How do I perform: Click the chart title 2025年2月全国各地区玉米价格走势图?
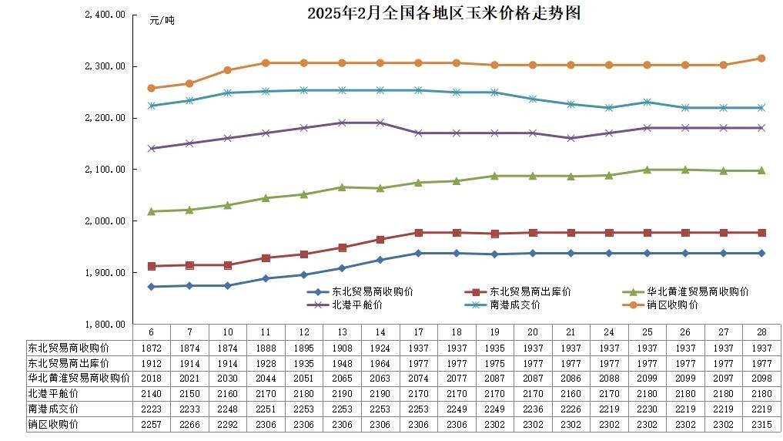(x=443, y=13)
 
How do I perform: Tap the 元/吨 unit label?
(x=162, y=21)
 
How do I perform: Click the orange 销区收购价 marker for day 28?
(x=761, y=58)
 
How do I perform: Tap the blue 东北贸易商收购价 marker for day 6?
(x=151, y=287)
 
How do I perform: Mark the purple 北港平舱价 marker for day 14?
(x=380, y=123)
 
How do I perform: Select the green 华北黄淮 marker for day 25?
(x=647, y=170)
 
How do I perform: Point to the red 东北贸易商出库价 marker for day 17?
(x=418, y=232)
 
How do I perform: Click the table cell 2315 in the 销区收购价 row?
(x=761, y=423)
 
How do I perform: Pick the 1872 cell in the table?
(x=151, y=347)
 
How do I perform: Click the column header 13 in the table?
(x=342, y=332)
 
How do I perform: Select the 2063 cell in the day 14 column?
(x=380, y=378)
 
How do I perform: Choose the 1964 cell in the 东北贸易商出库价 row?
(x=380, y=362)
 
